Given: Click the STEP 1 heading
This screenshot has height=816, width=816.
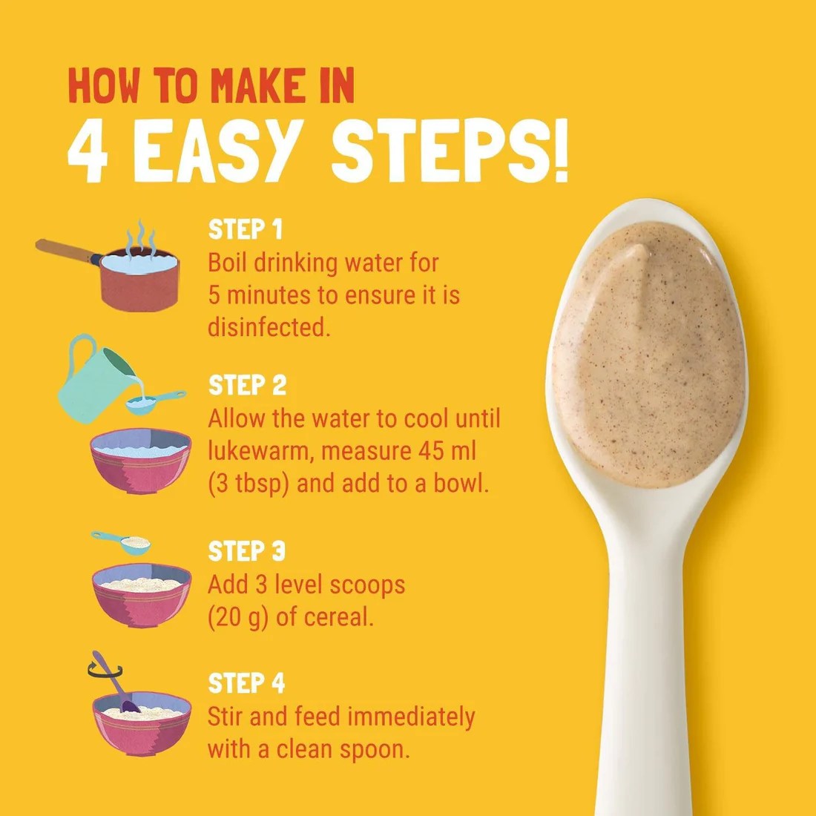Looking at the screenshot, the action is point(245,229).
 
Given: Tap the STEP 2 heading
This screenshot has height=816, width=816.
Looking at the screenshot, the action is point(247,385).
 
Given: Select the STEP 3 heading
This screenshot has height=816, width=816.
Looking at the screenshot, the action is point(247,551).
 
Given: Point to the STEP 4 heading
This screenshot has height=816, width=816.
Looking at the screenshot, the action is point(247,683).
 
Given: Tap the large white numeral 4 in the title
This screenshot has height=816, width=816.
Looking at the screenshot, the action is point(88,151).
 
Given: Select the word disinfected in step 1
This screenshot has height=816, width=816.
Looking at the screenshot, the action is point(269,327).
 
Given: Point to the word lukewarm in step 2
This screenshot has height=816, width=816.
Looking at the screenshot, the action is point(260,452).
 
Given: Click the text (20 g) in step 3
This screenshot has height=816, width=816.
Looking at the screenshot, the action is point(238,618).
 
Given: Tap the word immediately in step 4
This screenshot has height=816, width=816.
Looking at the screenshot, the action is point(411,717).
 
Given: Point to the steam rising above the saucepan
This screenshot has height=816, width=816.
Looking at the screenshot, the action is point(141,237).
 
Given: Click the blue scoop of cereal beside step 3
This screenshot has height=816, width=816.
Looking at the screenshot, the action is point(122,542).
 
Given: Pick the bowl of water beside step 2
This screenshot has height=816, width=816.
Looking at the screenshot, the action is point(141,460).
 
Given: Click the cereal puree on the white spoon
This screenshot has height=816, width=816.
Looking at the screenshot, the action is point(648,354).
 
